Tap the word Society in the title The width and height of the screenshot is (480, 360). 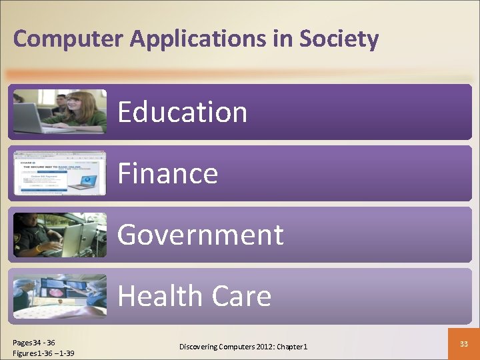339,39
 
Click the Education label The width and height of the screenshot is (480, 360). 183,112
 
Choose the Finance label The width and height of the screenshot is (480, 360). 168,174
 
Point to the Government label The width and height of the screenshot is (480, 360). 201,235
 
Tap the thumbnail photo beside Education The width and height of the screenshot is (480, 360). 59,111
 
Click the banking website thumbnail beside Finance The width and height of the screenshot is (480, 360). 59,173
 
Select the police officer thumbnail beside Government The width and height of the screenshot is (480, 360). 59,235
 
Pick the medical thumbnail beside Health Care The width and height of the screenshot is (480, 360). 59,296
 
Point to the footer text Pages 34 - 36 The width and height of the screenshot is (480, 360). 34,343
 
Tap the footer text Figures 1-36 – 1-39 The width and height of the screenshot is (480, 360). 43,353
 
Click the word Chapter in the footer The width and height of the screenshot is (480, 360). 289,347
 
